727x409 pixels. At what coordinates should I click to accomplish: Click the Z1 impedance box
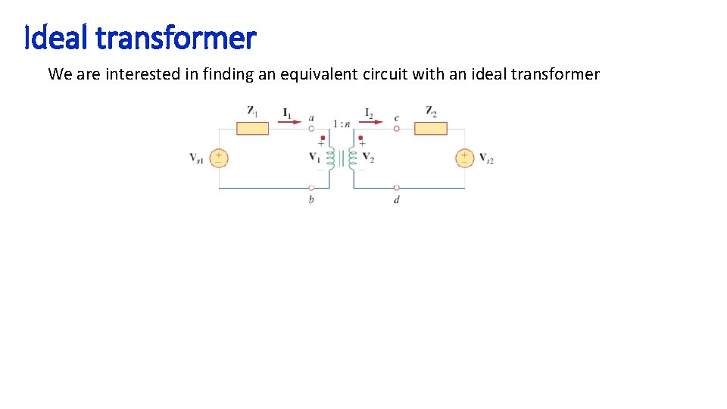[x=252, y=128]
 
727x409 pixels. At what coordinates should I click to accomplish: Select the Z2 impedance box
[x=430, y=128]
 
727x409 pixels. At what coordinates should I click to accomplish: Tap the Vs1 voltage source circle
[x=219, y=158]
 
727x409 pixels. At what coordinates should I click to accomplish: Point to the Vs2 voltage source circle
[x=464, y=158]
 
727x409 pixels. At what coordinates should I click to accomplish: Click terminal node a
[x=311, y=128]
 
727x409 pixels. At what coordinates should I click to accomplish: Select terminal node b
[x=311, y=187]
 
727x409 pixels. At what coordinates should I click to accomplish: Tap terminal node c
[x=397, y=128]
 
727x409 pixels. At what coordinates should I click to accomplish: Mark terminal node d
[x=397, y=187]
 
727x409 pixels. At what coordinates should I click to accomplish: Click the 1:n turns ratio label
[x=341, y=122]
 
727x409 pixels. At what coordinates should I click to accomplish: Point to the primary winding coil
[x=330, y=158]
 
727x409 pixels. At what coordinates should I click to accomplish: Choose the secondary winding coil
[x=352, y=158]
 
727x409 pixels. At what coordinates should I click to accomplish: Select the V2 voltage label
[x=369, y=158]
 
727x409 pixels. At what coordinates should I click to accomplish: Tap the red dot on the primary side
[x=323, y=139]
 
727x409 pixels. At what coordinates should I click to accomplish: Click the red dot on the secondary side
[x=361, y=139]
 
